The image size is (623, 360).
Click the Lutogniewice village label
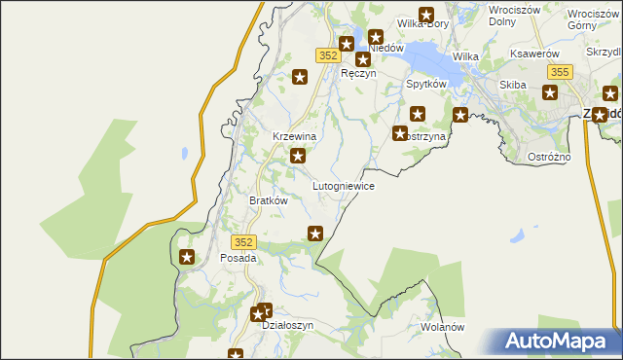click(343, 185)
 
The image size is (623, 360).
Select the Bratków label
click(268, 200)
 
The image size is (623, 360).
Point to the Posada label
click(238, 259)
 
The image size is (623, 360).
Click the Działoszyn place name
click(288, 326)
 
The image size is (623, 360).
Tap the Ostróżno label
click(576, 157)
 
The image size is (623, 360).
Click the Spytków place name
click(425, 85)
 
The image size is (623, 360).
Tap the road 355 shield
click(559, 72)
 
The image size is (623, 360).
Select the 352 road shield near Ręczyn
click(327, 55)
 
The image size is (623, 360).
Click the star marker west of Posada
click(187, 258)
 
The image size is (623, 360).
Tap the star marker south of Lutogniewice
click(315, 233)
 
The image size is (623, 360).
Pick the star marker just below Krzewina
click(298, 156)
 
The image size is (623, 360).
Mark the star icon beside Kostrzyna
click(400, 133)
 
